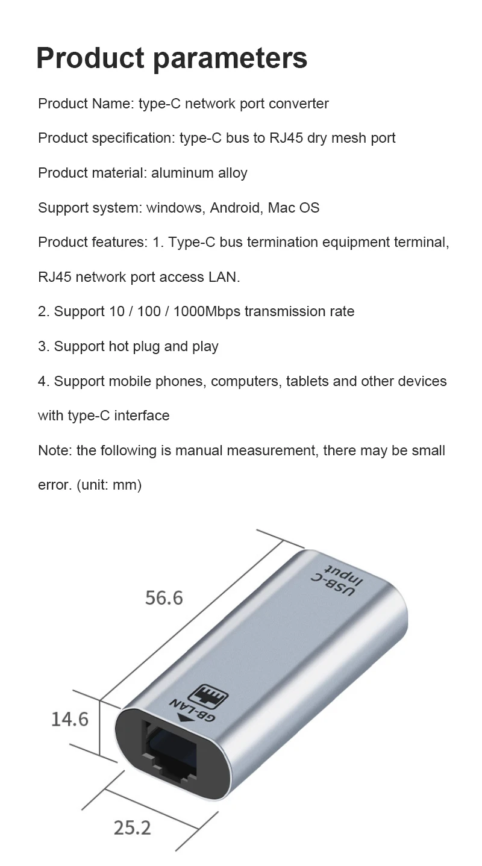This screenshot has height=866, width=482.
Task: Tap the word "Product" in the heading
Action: coord(89,58)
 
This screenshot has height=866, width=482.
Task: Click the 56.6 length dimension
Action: coord(163,597)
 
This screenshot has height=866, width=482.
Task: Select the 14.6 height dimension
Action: coord(70,718)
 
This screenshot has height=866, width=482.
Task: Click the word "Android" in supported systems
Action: coord(235,208)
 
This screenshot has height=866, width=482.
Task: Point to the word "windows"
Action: coord(174,208)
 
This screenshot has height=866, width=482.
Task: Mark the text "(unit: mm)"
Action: coord(109,485)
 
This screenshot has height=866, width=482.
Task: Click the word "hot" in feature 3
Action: coord(119,347)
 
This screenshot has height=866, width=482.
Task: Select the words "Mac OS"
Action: coord(293,208)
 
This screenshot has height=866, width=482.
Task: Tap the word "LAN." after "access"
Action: coord(224,278)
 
